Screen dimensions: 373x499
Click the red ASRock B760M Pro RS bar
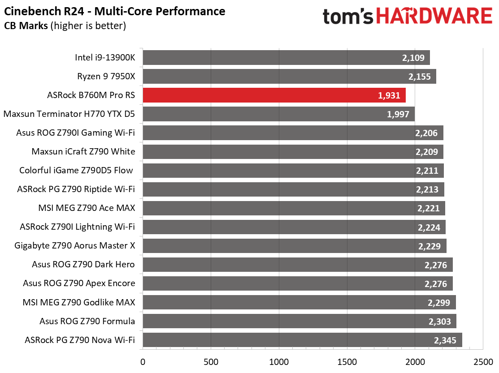[x=274, y=95]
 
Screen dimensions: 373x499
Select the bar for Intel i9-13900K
[x=286, y=58]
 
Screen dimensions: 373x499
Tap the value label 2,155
[x=420, y=77]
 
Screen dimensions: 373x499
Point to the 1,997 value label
[x=398, y=114]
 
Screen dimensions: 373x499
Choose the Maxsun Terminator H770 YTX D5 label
[x=69, y=114]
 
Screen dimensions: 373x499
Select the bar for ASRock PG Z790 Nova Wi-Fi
[x=302, y=340]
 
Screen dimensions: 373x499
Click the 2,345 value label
[x=445, y=340]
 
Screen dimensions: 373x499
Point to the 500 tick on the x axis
[x=211, y=361]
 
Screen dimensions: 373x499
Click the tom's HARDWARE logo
[x=407, y=17]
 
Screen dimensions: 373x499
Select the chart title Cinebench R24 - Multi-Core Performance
[x=115, y=11]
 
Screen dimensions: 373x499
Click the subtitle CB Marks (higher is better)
[x=65, y=26]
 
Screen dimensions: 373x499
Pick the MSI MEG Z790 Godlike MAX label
[x=79, y=302]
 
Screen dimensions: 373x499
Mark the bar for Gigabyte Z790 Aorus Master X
[x=294, y=246]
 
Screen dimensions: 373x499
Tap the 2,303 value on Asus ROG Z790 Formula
[x=439, y=321]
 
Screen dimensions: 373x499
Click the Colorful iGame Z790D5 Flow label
[x=77, y=171]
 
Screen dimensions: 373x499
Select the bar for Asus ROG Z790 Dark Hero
[x=297, y=265]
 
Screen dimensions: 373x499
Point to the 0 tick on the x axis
[x=143, y=361]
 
